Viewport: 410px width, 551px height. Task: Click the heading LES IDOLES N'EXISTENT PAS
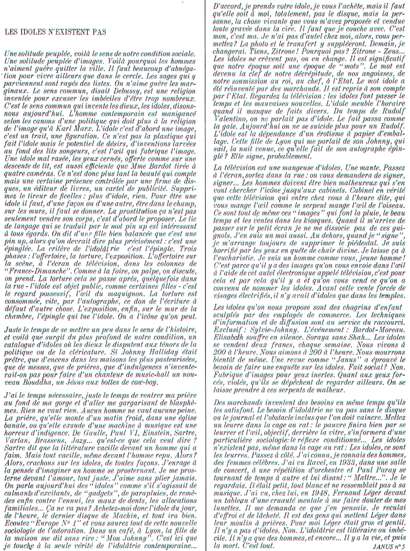point(55,32)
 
